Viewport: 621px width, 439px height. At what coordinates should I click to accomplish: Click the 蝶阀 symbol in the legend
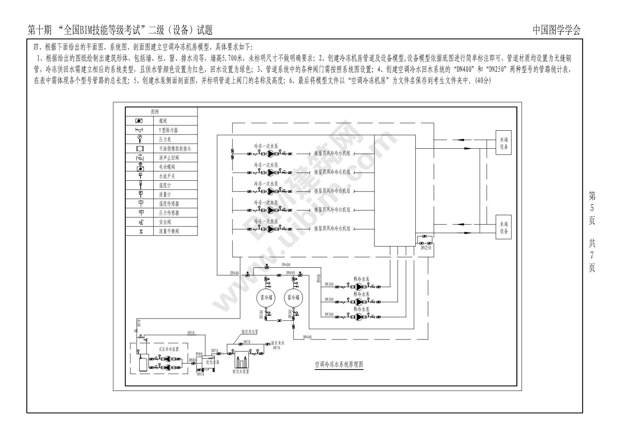(139, 121)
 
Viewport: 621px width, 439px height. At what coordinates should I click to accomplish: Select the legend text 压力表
(165, 139)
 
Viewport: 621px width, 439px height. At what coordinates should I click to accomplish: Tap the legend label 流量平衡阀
(169, 231)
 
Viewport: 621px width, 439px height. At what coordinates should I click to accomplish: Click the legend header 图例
(155, 112)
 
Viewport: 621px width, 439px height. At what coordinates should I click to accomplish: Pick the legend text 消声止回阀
(169, 158)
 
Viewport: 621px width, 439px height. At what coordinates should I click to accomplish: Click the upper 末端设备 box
(503, 143)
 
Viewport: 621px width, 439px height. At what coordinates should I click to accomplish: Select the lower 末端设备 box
(503, 227)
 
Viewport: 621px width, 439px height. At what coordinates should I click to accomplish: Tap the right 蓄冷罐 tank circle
(294, 297)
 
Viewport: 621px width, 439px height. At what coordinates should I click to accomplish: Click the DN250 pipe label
(426, 248)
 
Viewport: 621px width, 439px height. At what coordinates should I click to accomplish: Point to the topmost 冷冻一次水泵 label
(266, 146)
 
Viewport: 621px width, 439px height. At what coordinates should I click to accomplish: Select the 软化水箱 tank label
(213, 362)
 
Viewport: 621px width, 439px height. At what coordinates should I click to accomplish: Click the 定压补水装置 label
(169, 349)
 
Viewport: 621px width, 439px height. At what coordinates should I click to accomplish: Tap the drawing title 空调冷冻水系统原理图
(339, 364)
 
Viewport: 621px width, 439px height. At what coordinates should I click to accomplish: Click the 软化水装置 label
(241, 372)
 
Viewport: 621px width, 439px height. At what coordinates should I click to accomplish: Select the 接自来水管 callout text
(249, 332)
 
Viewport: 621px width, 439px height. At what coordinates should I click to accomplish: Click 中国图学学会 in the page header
(556, 30)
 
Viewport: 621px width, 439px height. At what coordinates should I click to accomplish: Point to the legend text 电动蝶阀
(167, 167)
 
